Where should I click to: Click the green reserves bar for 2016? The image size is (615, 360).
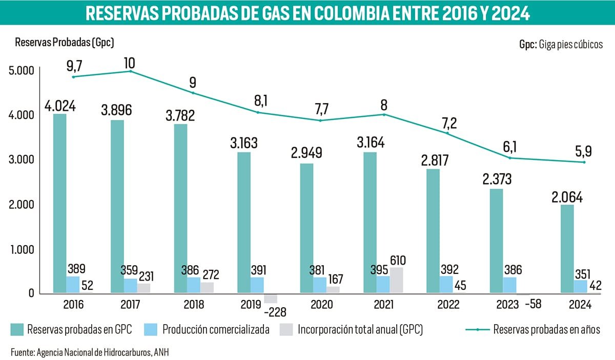pyautogui.click(x=60, y=203)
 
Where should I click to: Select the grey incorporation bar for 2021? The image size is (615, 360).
pyautogui.click(x=396, y=281)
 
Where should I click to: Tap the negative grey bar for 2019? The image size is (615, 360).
pyautogui.click(x=271, y=298)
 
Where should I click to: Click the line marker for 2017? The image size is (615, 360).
pyautogui.click(x=130, y=71)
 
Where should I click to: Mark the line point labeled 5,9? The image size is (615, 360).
pyautogui.click(x=583, y=162)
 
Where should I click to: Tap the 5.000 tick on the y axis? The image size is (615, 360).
pyautogui.click(x=22, y=70)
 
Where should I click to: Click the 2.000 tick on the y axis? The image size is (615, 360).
pyautogui.click(x=22, y=205)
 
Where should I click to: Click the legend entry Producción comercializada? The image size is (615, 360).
pyautogui.click(x=215, y=330)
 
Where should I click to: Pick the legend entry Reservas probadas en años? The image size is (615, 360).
pyautogui.click(x=546, y=330)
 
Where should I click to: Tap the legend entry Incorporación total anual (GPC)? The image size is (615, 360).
pyautogui.click(x=360, y=330)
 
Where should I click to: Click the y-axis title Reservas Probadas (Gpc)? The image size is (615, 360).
pyautogui.click(x=65, y=43)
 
